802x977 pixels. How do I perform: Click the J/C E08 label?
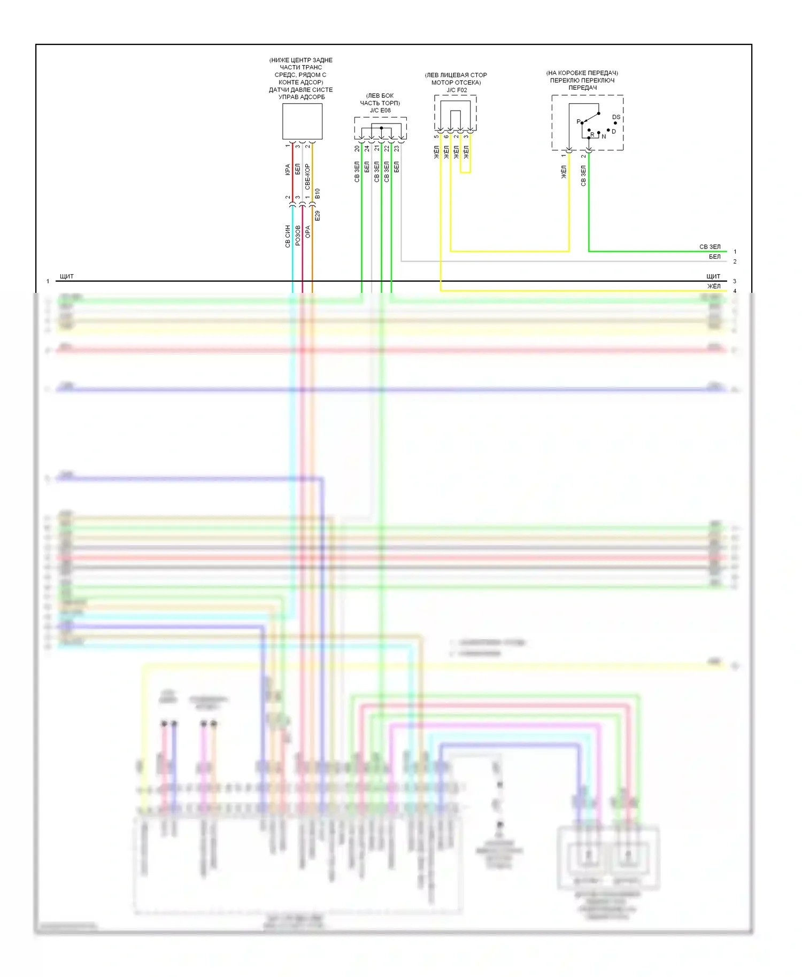[380, 111]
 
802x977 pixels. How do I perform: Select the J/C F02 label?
[457, 90]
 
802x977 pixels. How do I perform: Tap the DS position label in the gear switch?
[616, 117]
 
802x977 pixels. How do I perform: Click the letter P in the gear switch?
[578, 121]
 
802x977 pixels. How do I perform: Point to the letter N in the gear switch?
[604, 136]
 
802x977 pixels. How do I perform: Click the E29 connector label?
[317, 216]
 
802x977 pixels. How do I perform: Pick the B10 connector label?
[317, 193]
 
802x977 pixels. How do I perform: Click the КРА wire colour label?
[288, 170]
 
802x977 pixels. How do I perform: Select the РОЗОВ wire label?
[298, 236]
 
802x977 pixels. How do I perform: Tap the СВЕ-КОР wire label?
[307, 177]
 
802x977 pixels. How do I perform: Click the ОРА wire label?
[307, 231]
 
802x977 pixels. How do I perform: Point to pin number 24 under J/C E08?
[367, 149]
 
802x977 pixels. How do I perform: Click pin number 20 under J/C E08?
[357, 149]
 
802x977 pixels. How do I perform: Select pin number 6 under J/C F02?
[446, 137]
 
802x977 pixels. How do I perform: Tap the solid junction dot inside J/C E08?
[381, 128]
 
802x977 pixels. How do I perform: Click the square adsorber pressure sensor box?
[302, 121]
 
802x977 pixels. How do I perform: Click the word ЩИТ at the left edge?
[67, 276]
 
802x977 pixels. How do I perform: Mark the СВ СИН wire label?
[288, 236]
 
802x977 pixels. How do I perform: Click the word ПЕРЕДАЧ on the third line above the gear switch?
[582, 88]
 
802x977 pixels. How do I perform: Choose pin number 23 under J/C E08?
[397, 149]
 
